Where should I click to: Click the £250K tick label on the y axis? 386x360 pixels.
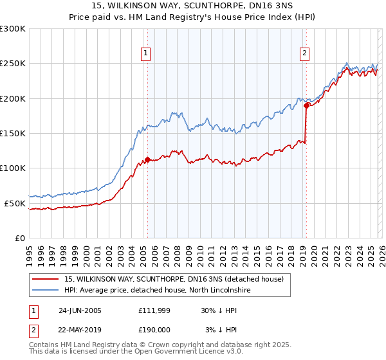13,64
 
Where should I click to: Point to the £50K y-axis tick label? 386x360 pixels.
15,203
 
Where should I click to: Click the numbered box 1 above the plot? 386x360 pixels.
147,53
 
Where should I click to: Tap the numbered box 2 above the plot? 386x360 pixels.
304,53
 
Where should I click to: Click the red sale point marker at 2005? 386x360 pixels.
147,159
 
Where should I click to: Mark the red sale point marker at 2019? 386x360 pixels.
306,105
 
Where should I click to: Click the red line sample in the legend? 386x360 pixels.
46,280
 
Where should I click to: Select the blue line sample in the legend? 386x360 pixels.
46,291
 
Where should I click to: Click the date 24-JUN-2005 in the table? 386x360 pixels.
80,310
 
